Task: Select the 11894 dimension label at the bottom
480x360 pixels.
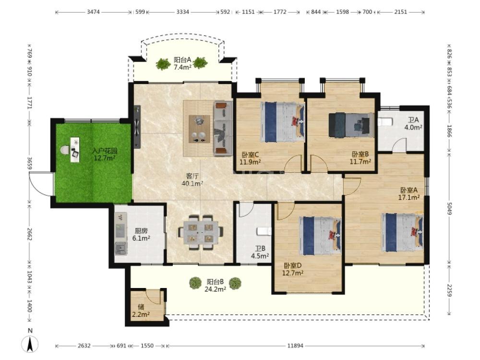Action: click(x=295, y=346)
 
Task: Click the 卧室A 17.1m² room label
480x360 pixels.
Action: click(x=408, y=194)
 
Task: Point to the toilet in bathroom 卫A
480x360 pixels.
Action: click(x=385, y=122)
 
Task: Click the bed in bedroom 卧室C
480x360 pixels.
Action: click(x=282, y=122)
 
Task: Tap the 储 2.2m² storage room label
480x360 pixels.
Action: click(x=141, y=310)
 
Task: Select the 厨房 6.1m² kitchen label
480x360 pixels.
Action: click(x=141, y=235)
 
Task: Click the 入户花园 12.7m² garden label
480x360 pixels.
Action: click(x=105, y=155)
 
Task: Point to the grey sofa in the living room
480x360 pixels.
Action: click(x=223, y=128)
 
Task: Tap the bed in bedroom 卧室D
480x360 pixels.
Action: click(x=320, y=236)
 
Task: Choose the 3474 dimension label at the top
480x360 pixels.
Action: click(x=94, y=12)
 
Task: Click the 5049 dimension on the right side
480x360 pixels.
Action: click(x=449, y=208)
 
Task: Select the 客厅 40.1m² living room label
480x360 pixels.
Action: click(x=192, y=180)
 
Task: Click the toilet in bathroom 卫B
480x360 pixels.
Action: click(x=264, y=231)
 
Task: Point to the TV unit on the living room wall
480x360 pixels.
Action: click(x=137, y=127)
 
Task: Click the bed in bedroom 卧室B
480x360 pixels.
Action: click(x=351, y=125)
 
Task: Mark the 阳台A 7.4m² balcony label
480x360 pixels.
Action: click(x=182, y=63)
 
